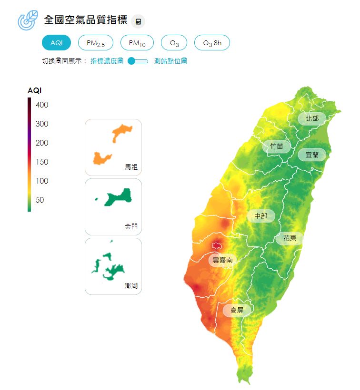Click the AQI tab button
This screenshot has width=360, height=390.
pos(56,43)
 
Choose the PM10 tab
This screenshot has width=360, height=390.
pos(137,43)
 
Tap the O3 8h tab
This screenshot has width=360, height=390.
pos(212,43)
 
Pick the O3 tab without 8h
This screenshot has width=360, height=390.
pos(174,43)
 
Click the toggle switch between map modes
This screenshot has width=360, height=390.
pos(138,61)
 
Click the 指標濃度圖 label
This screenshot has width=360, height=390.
pos(107,61)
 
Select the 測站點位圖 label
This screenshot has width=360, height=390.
pos(170,61)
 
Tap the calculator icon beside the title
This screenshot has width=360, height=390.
pos(138,21)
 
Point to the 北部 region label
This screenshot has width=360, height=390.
pos(312,118)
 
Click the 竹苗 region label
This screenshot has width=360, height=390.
pos(276,146)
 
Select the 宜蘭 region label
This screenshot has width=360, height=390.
pos(312,155)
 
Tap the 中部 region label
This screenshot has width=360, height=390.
pos(260,216)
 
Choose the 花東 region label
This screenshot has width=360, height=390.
pos(290,238)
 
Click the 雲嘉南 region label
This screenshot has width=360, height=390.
pos(222,260)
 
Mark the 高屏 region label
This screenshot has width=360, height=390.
pos(237,310)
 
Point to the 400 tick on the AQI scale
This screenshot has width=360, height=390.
pos(41,105)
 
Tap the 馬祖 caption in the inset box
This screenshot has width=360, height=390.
pos(131,167)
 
